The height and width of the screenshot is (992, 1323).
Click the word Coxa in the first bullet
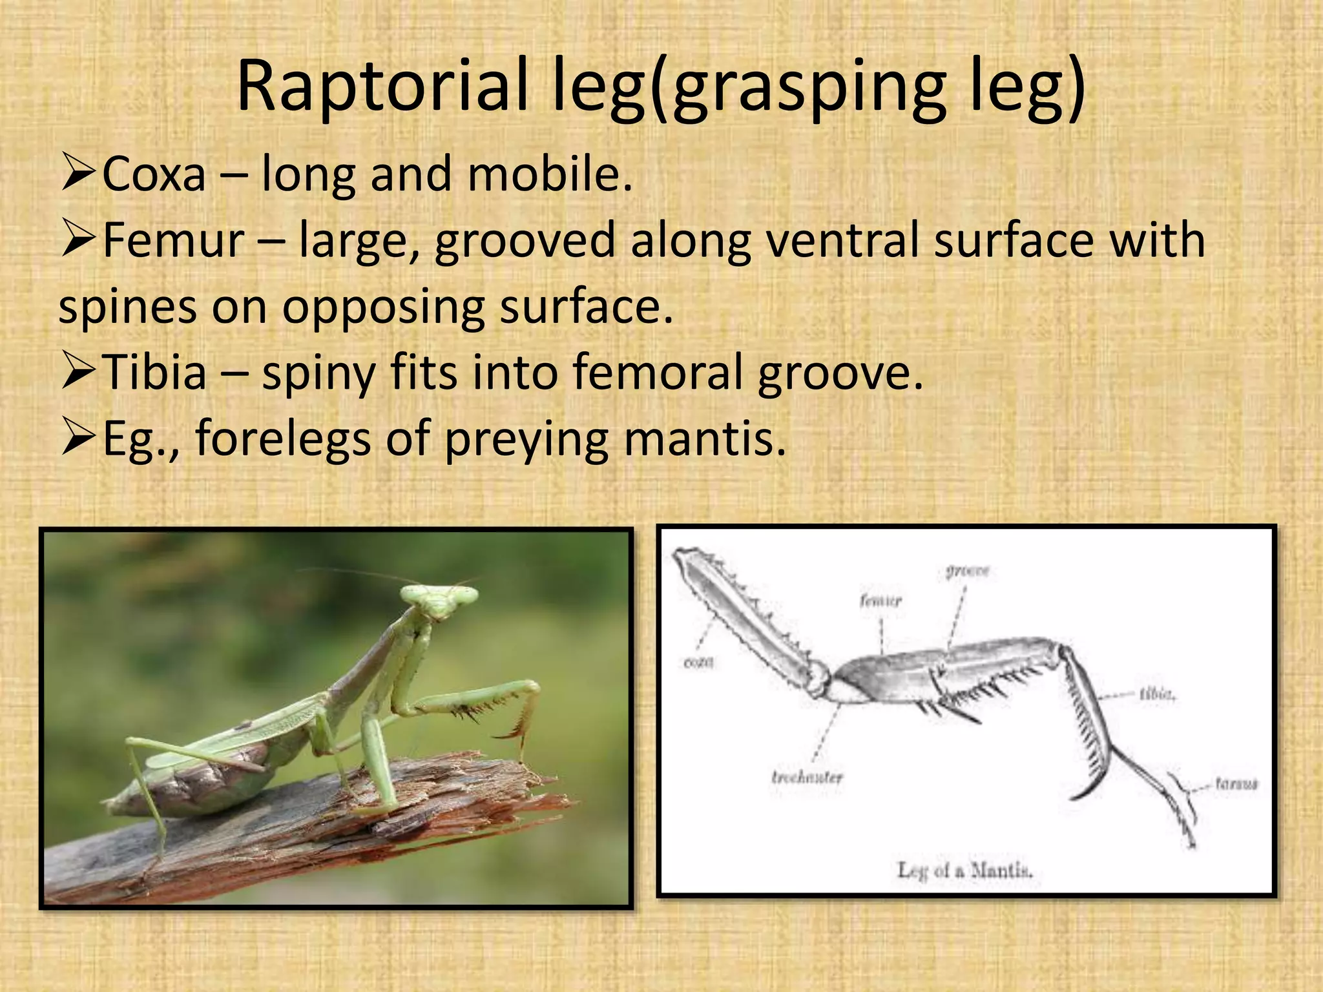(x=154, y=175)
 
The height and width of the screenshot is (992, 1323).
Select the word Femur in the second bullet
(x=173, y=241)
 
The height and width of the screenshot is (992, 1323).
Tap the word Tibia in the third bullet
(x=154, y=373)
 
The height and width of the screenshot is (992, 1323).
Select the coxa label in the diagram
(x=698, y=663)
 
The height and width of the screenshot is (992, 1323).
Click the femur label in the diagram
(x=880, y=601)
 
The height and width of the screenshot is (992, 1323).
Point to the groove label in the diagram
(x=967, y=571)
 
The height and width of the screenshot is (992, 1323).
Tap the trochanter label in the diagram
(x=807, y=776)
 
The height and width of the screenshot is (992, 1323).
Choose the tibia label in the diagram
(x=1158, y=695)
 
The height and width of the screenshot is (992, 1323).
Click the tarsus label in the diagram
(x=1236, y=784)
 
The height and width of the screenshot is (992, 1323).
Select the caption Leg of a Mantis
(x=965, y=871)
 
